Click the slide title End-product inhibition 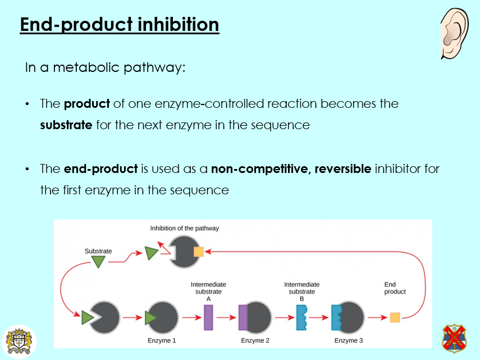(x=119, y=25)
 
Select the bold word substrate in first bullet (x=66, y=125)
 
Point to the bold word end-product (x=100, y=168)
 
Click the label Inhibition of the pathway (x=184, y=228)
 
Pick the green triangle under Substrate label (x=98, y=261)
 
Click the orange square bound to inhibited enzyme (x=198, y=252)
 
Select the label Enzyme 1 (x=162, y=340)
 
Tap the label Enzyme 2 (x=255, y=340)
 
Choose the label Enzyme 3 (x=349, y=340)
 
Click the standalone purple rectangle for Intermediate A (x=208, y=318)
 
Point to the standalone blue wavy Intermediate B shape (x=300, y=318)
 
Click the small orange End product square (x=395, y=318)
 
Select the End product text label (x=395, y=288)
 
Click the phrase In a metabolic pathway (x=105, y=67)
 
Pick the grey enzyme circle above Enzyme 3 (x=351, y=317)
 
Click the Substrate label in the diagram (x=98, y=251)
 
